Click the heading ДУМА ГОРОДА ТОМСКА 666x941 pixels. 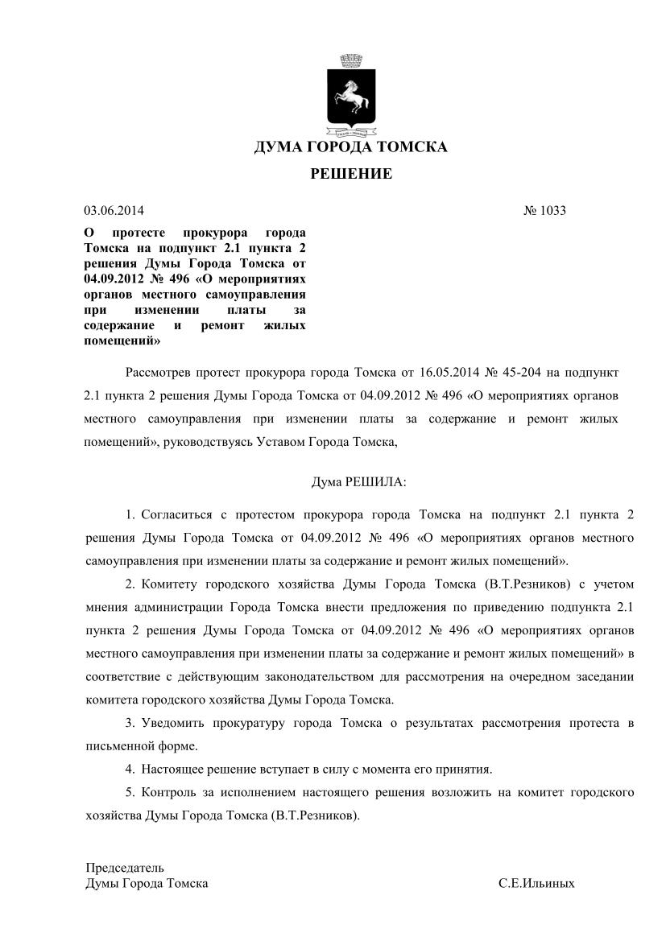350,147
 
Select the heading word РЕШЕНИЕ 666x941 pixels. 351,174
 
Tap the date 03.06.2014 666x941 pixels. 114,211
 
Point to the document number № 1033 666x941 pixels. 545,211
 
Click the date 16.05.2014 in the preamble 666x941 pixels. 449,374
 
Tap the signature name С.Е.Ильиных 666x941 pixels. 536,883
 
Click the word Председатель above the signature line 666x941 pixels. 125,868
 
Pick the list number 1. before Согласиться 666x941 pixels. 131,514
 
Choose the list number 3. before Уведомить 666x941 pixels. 131,724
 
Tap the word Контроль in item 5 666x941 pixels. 167,793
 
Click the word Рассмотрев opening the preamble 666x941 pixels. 160,374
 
